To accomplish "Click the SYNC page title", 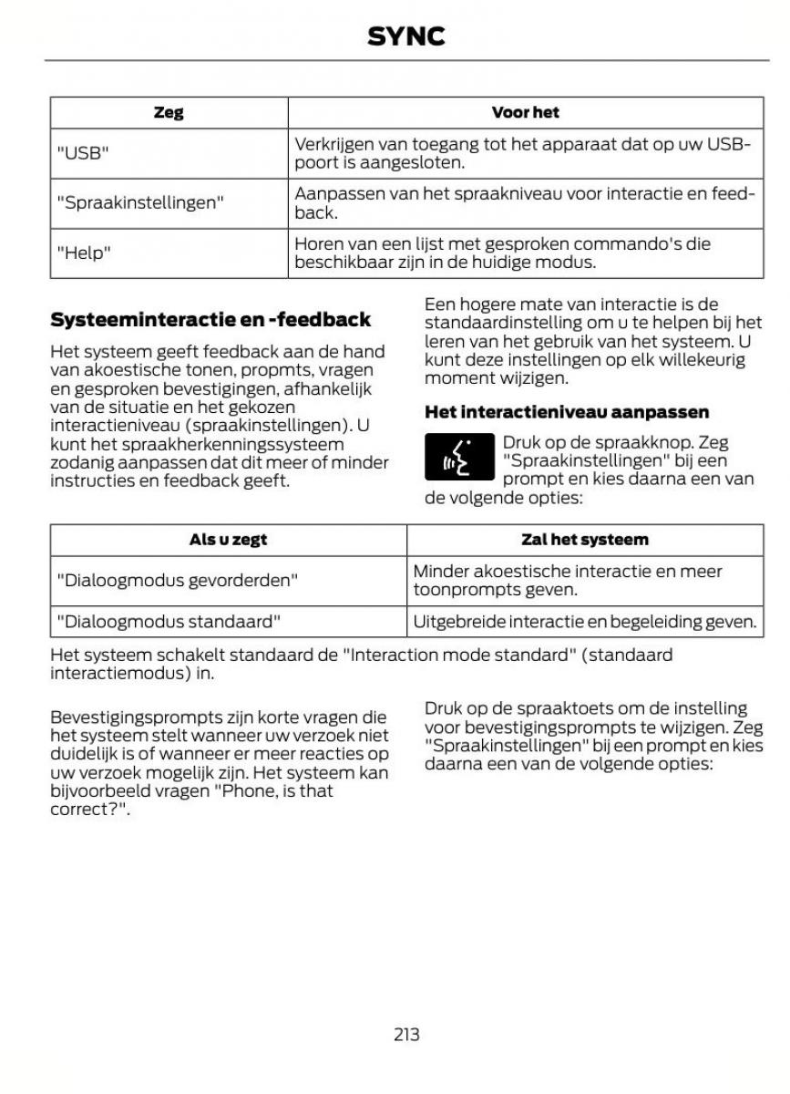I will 405,36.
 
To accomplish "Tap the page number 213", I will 406,1034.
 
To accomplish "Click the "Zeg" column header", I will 169,113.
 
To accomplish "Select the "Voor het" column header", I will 525,113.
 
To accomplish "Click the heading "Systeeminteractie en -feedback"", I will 210,319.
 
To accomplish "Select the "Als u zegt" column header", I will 228,540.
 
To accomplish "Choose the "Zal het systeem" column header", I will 584,540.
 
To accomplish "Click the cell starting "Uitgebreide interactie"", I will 584,622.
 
